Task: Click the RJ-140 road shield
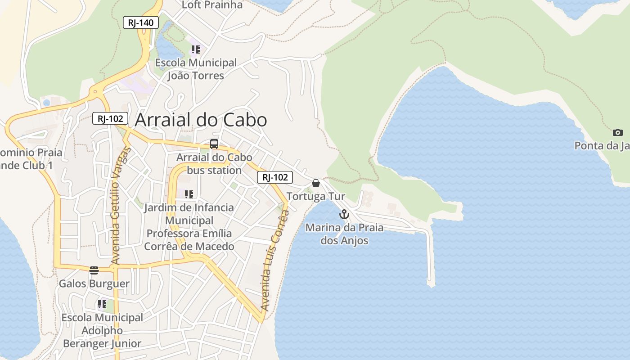point(140,22)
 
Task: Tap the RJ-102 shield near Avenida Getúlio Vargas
point(110,118)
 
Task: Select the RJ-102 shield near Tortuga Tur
point(274,177)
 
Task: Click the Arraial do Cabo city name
point(201,120)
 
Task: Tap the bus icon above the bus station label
point(214,144)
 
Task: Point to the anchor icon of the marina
point(344,214)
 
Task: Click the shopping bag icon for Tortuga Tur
point(316,183)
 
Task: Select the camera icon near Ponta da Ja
point(618,132)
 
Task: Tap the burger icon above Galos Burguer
point(94,270)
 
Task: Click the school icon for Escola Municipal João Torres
point(195,49)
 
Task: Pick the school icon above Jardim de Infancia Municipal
point(189,194)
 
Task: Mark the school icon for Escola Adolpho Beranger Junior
point(102,304)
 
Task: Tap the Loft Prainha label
point(212,5)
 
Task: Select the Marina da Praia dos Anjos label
point(344,234)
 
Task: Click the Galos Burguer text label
point(94,284)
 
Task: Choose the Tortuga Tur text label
point(316,197)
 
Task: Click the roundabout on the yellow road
point(95,92)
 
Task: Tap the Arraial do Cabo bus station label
point(214,164)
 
